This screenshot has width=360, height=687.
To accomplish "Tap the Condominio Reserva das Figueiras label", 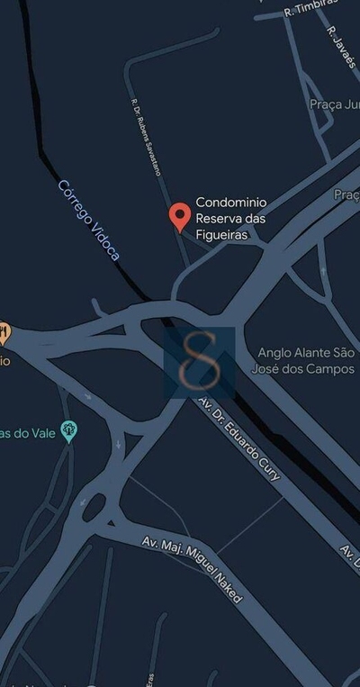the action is (x=237, y=218).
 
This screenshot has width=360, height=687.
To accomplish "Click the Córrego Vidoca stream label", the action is (x=87, y=220).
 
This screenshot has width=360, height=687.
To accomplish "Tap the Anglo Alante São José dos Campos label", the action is (x=306, y=361).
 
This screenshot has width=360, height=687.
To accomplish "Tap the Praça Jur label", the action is (x=334, y=104).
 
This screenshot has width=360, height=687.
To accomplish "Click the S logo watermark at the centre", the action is (x=199, y=361).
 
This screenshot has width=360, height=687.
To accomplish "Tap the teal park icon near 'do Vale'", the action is (x=68, y=431).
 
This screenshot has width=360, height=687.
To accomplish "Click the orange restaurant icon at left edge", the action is (x=4, y=333).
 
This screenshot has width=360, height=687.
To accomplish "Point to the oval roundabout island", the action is (x=94, y=508).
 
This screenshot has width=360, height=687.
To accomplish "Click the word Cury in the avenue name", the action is (x=267, y=469).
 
